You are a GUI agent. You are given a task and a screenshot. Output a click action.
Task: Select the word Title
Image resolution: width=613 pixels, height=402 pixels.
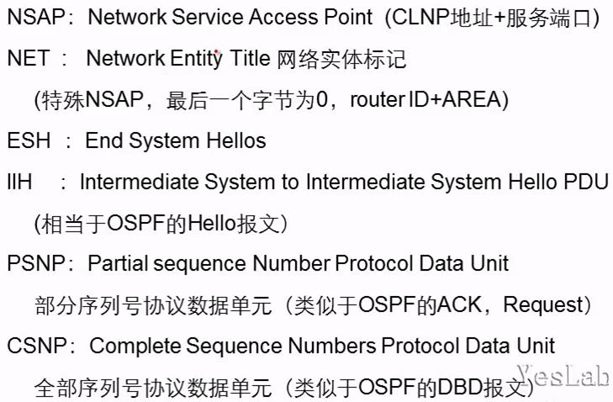click(x=249, y=59)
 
